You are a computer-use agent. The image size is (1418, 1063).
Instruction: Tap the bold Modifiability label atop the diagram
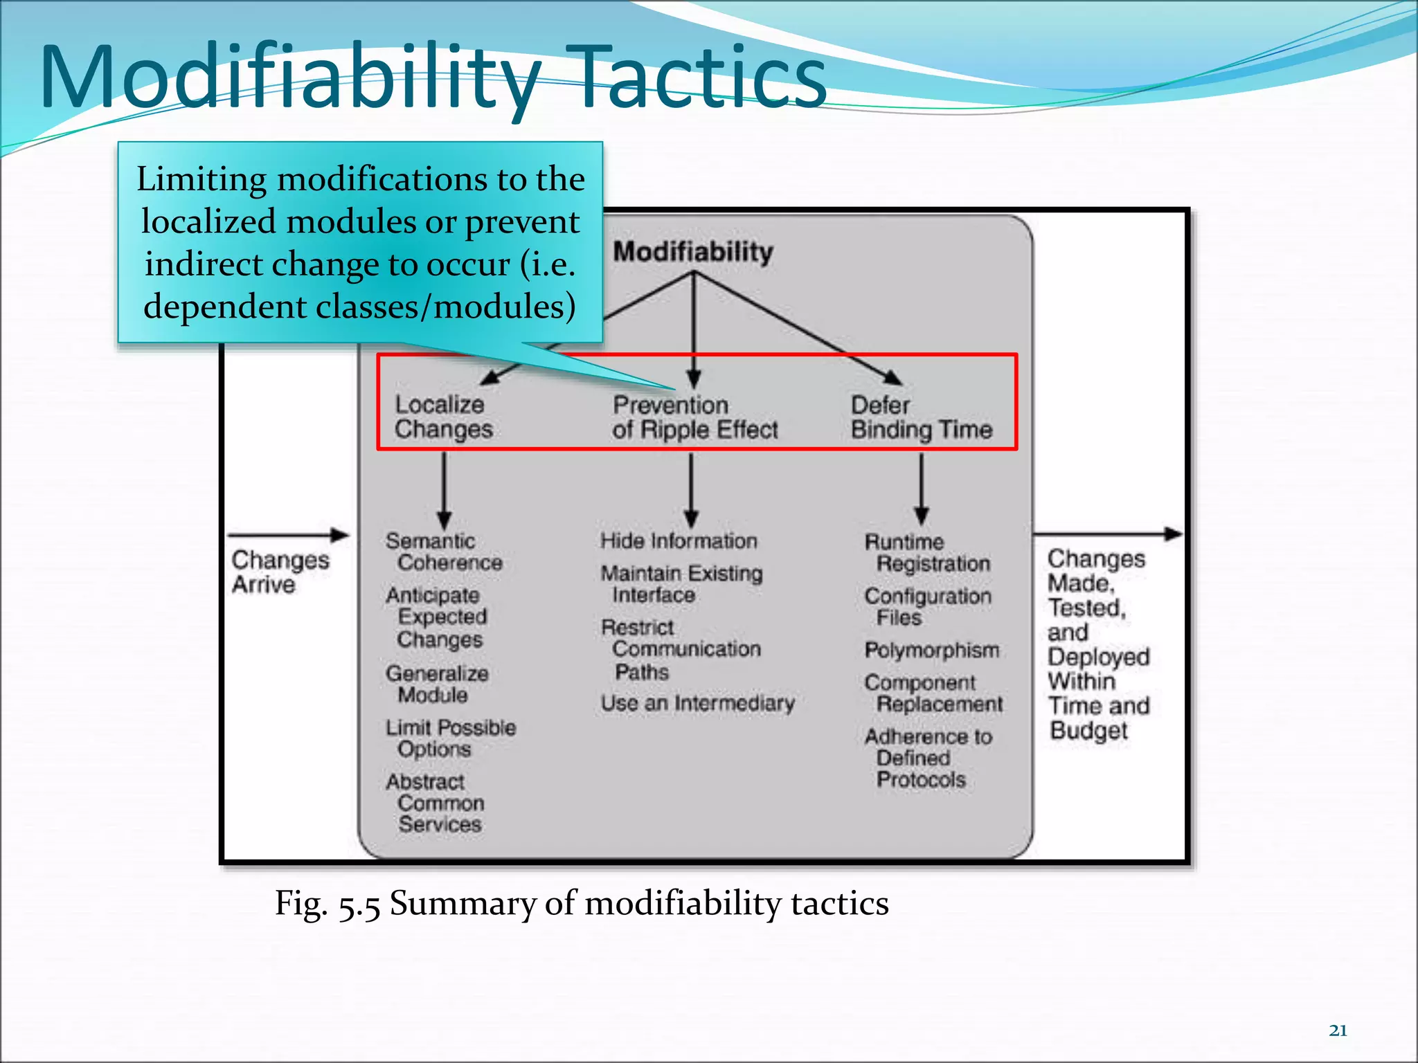coord(693,252)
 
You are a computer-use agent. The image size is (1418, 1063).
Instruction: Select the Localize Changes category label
coord(443,417)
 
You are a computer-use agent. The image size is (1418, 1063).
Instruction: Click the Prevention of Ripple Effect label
coord(694,417)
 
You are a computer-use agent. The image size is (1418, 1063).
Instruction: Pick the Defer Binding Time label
coord(921,417)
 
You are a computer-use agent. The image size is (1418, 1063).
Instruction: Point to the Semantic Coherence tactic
coord(443,552)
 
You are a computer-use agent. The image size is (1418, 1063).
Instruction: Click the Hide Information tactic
coord(679,541)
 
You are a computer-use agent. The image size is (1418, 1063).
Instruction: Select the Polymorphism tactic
coord(931,651)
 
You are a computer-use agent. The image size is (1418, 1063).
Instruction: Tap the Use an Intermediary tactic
coord(697,703)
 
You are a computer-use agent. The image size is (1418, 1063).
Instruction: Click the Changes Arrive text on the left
coord(279,572)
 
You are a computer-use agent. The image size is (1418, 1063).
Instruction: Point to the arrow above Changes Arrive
coord(288,535)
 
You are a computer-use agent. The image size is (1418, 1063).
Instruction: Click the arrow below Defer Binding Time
coord(921,489)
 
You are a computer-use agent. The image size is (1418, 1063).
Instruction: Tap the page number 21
coord(1338,1030)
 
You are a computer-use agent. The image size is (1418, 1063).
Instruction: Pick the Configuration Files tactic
coord(927,607)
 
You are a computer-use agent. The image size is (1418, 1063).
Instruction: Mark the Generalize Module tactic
coord(437,684)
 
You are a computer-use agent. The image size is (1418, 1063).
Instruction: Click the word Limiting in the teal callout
coord(201,179)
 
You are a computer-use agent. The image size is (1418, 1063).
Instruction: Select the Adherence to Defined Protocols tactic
coord(927,758)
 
